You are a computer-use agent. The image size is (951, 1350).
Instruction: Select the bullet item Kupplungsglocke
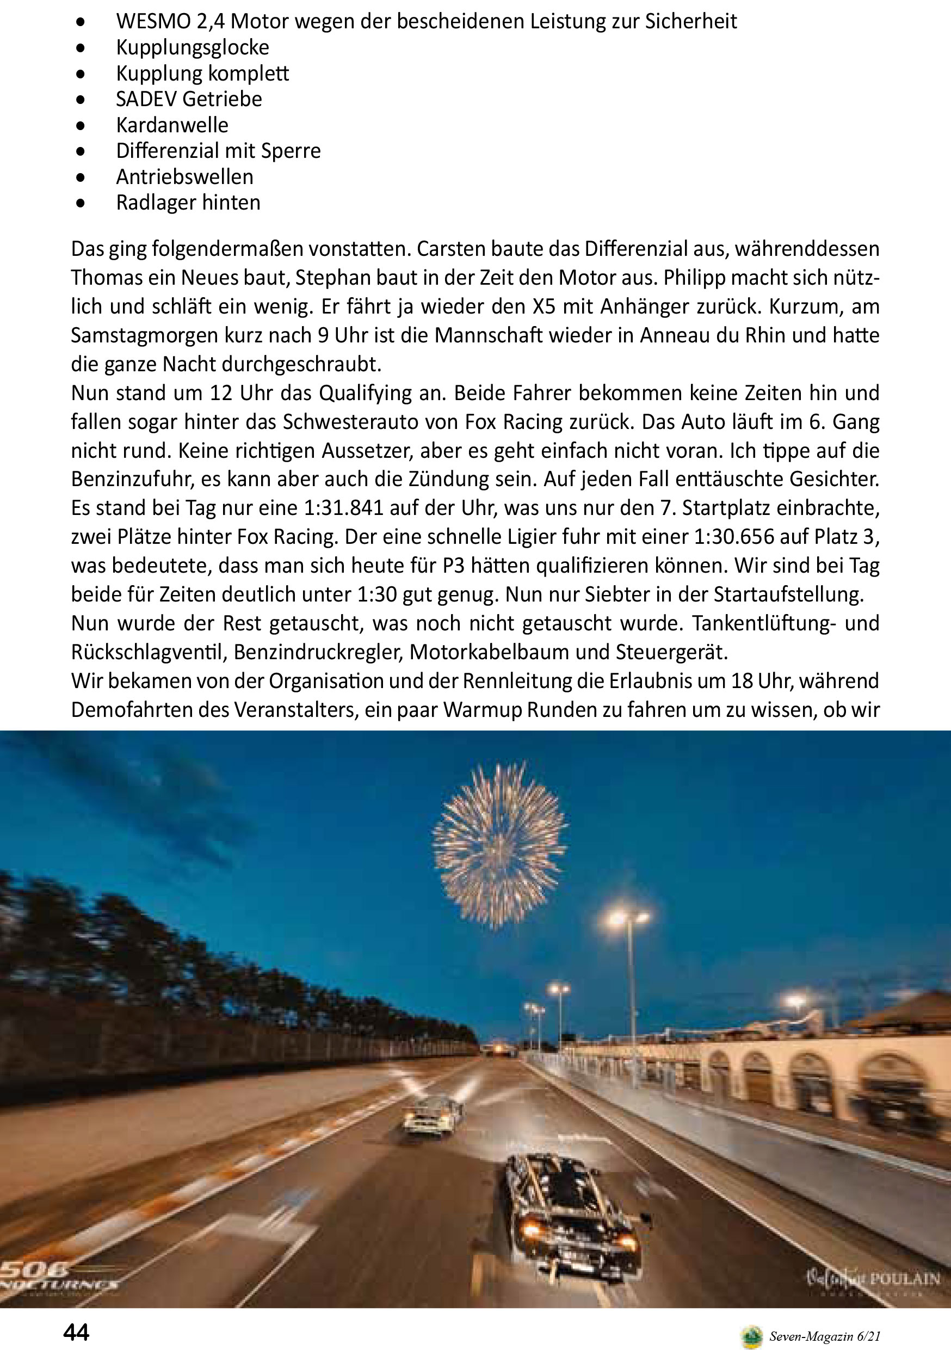click(192, 47)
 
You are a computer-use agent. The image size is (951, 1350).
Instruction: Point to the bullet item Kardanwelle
click(171, 125)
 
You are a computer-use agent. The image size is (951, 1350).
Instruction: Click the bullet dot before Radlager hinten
click(81, 204)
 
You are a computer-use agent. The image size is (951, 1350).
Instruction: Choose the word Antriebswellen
click(184, 177)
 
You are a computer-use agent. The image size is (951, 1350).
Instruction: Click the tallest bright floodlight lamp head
click(627, 918)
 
